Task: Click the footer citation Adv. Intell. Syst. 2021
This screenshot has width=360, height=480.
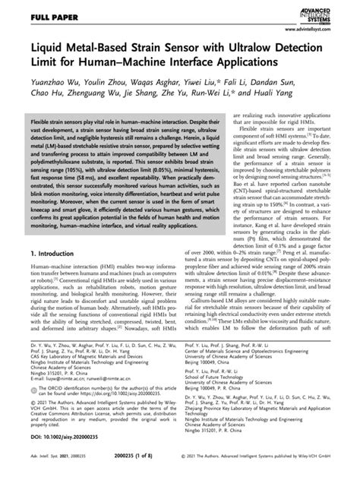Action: pos(39,470)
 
